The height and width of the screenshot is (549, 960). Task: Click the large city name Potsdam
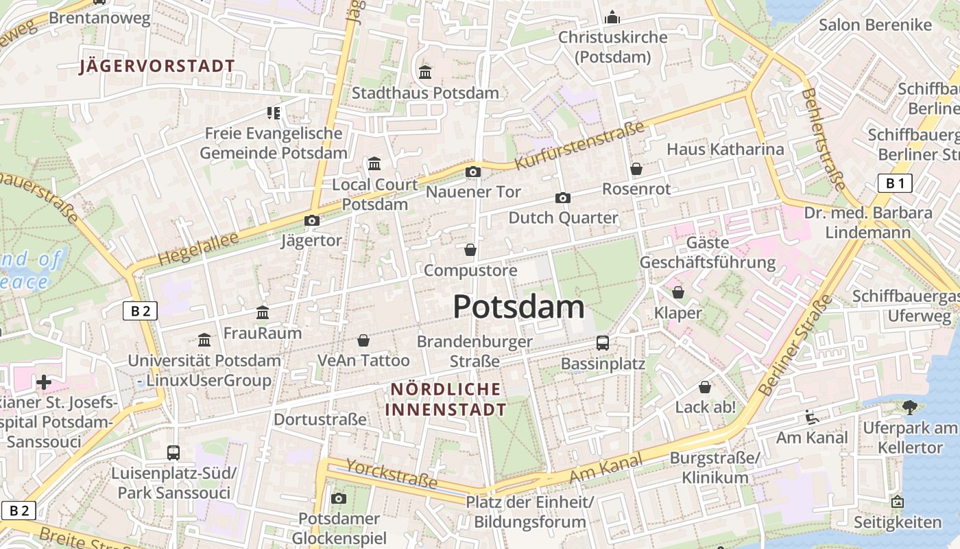(x=518, y=307)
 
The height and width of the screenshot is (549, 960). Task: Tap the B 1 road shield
(x=895, y=183)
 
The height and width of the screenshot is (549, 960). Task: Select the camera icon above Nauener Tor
(x=473, y=172)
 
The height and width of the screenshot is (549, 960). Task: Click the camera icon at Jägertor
(x=312, y=220)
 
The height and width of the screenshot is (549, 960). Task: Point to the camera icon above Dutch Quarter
(x=563, y=198)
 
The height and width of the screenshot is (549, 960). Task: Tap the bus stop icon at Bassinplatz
(x=603, y=342)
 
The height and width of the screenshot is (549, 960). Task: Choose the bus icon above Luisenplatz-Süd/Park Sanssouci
(x=173, y=452)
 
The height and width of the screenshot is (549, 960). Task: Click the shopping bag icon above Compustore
(x=470, y=250)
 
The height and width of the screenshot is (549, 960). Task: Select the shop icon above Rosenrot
(x=636, y=168)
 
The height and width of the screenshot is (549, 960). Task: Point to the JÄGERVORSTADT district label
(x=157, y=67)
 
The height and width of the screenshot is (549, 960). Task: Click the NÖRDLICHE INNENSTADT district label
(x=446, y=399)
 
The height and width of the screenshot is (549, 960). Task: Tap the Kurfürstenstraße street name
(x=579, y=145)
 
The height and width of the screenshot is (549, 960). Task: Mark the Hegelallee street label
(x=198, y=248)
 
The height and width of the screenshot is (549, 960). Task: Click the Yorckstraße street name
(x=392, y=474)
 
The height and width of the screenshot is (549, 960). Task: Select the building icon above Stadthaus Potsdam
(x=425, y=72)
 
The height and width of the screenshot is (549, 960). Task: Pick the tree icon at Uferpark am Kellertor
(x=910, y=407)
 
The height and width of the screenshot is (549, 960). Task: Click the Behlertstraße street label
(x=823, y=139)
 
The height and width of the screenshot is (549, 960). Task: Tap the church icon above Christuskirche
(x=612, y=17)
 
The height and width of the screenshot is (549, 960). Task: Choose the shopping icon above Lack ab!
(x=705, y=387)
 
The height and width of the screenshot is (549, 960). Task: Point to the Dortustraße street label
(x=320, y=419)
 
